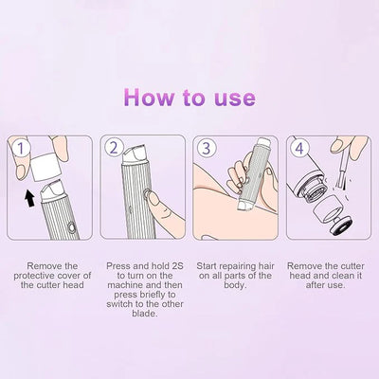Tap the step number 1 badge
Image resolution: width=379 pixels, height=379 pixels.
[x=21, y=149]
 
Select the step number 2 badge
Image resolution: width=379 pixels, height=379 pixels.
[x=116, y=148]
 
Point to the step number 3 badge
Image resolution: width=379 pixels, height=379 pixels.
[x=205, y=148]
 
